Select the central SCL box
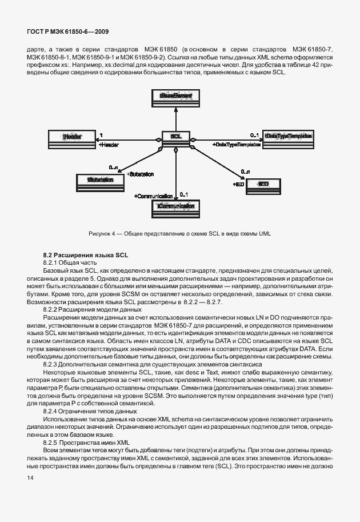click(176, 137)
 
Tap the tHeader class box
click(72, 137)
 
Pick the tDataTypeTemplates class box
click(288, 137)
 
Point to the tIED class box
click(263, 184)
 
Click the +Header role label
click(109, 145)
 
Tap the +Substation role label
click(141, 174)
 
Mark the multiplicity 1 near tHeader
click(101, 135)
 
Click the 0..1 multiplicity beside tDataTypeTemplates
click(255, 134)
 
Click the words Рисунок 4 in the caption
click(103, 234)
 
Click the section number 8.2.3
click(52, 364)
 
